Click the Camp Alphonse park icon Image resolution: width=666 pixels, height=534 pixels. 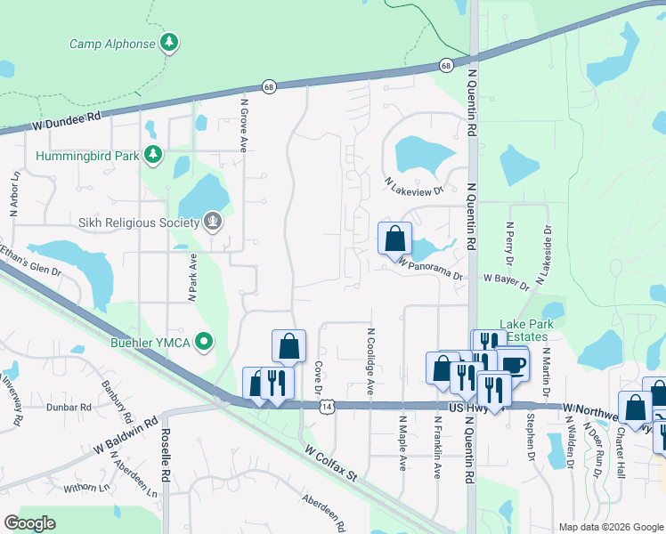click(169, 43)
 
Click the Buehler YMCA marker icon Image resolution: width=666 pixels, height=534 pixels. click(204, 341)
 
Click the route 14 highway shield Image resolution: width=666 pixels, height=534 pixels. click(329, 405)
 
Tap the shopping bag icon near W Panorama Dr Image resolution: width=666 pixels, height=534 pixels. click(394, 239)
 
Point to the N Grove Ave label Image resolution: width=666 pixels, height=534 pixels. click(242, 125)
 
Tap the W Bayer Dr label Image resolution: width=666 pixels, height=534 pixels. click(507, 282)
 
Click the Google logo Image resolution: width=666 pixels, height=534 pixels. click(29, 523)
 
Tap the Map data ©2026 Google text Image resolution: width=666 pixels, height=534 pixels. click(610, 527)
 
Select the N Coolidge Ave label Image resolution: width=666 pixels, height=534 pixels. click(370, 360)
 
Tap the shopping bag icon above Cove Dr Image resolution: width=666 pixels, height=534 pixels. click(289, 347)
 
